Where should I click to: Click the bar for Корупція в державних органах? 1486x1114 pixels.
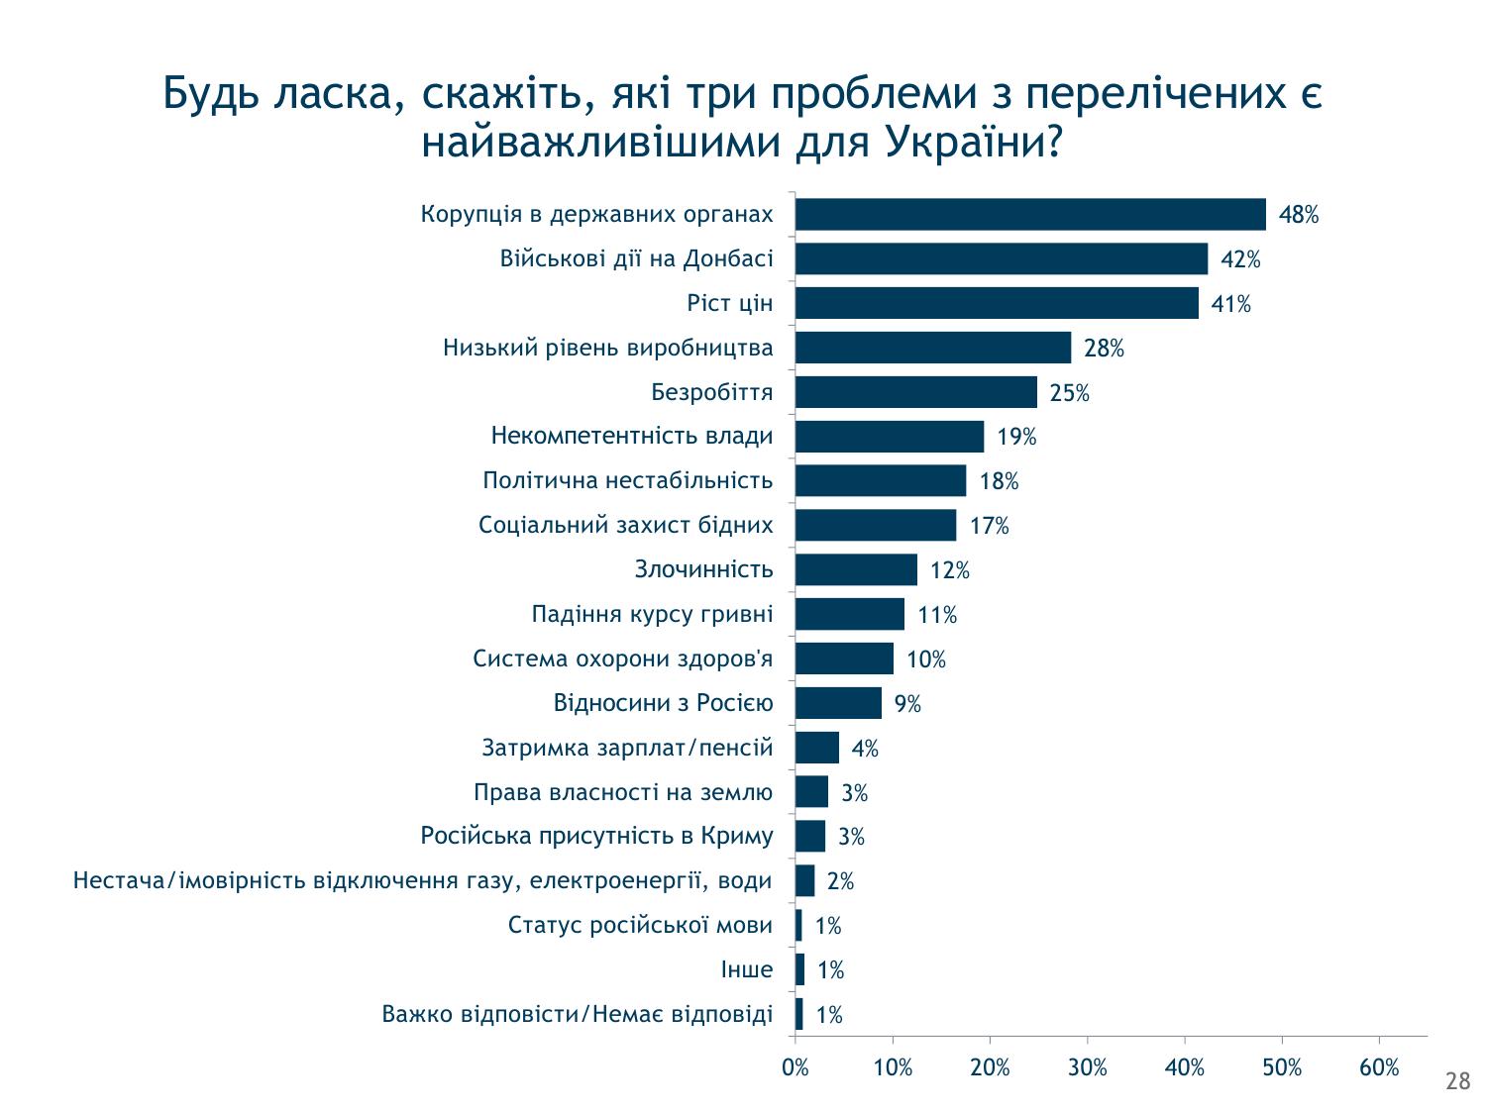click(x=1030, y=214)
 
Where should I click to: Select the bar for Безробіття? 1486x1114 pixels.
click(x=916, y=392)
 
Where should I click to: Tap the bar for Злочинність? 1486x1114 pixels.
click(x=856, y=570)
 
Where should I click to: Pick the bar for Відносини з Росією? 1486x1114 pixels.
click(x=838, y=703)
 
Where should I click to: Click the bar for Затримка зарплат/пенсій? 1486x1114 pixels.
click(x=817, y=748)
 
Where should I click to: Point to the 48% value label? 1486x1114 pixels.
click(x=1299, y=215)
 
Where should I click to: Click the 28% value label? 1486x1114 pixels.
click(x=1104, y=349)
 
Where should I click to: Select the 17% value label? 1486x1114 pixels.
click(x=989, y=526)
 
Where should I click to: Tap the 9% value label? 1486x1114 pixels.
click(x=907, y=704)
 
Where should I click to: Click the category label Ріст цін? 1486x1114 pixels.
click(x=729, y=303)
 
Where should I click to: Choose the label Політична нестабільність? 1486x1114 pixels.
click(x=627, y=481)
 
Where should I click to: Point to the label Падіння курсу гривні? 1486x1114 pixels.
click(x=652, y=615)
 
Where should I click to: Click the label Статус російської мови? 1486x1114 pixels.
click(x=640, y=926)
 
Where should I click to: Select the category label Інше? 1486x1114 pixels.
click(x=747, y=970)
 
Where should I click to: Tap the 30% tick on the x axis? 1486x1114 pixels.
click(x=1088, y=1067)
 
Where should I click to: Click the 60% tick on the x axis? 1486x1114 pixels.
click(x=1379, y=1067)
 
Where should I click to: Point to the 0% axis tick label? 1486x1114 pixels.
click(x=796, y=1067)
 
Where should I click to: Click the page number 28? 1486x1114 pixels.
click(x=1458, y=1081)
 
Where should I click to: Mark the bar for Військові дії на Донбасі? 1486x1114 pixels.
click(x=1002, y=258)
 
